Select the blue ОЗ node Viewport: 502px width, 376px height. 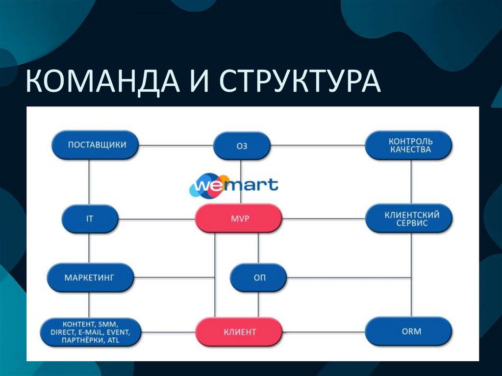242,146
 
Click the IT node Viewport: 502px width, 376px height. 90,218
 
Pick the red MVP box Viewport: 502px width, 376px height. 238,218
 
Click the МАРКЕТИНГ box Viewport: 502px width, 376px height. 90,277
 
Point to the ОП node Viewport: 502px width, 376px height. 259,277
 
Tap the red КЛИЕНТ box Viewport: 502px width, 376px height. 239,332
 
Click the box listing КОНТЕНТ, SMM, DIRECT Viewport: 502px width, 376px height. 90,332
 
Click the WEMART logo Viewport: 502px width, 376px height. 234,185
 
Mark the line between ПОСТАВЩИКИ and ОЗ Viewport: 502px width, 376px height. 176,146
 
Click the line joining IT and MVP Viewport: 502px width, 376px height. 157,219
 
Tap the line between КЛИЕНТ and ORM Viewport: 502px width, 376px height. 324,332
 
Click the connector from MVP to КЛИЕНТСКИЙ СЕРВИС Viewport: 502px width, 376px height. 324,219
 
